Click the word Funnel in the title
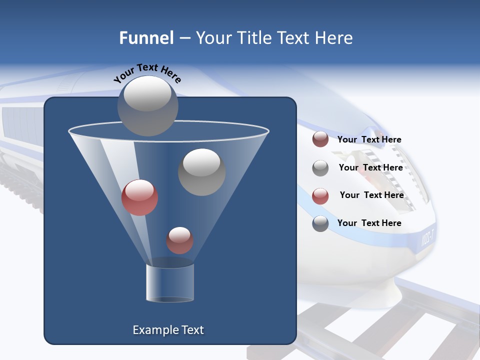point(146,38)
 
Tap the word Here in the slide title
point(334,38)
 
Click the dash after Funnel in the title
point(184,38)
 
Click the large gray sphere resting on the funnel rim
point(148,105)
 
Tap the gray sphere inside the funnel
point(201,172)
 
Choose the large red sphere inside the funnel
point(139,197)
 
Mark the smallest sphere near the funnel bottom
point(179,240)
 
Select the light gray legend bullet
point(320,168)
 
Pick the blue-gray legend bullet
point(320,223)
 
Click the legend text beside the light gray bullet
point(370,167)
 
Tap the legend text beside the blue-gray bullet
point(369,223)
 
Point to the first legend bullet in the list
point(320,139)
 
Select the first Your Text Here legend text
point(369,139)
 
